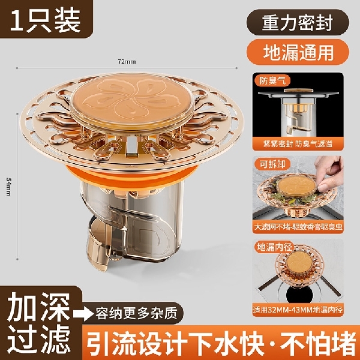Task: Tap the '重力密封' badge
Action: click(x=296, y=22)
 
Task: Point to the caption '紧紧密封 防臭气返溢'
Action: click(x=298, y=145)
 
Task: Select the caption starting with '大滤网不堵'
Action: click(x=298, y=227)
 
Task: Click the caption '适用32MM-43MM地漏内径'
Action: click(x=298, y=311)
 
